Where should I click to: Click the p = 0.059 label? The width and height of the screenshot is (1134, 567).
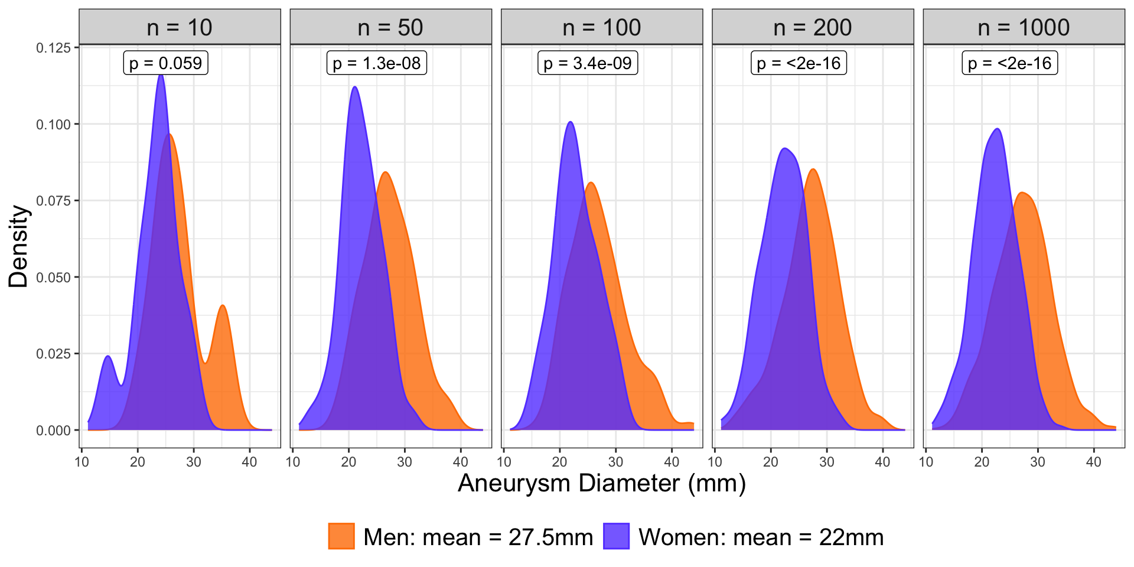[x=165, y=63]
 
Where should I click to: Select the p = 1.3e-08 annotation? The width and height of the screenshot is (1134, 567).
[x=376, y=63]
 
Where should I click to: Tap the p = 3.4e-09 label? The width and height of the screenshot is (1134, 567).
[x=588, y=63]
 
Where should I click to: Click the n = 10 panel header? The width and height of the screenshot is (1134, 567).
[x=180, y=27]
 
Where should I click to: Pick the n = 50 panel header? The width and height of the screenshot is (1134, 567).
[x=390, y=27]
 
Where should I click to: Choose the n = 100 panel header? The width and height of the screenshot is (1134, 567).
[x=602, y=27]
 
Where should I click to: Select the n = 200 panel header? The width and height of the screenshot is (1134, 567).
[x=813, y=27]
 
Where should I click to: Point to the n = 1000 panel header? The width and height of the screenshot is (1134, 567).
[x=1024, y=27]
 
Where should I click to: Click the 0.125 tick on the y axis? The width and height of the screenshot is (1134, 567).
[x=54, y=48]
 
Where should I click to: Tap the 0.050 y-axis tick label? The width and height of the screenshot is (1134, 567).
[x=54, y=278]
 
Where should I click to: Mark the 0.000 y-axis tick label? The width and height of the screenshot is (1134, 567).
[x=54, y=431]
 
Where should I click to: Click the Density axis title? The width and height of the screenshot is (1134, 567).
[x=19, y=246]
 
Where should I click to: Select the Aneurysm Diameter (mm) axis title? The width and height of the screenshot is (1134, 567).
[x=602, y=483]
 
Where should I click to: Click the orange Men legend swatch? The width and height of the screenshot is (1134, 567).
[x=341, y=536]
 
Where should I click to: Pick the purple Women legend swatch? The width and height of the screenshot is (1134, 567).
[x=616, y=536]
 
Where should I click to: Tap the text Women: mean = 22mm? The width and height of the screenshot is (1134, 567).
[x=761, y=537]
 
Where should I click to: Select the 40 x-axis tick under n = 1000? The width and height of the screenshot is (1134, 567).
[x=1093, y=462]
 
